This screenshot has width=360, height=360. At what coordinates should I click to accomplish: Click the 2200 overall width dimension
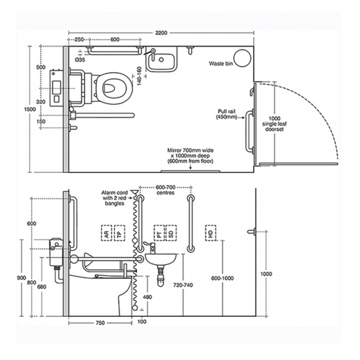click(x=161, y=33)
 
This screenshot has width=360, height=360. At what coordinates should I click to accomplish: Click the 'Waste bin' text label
click(x=220, y=64)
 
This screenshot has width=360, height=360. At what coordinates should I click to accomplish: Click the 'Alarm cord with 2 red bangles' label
click(x=115, y=198)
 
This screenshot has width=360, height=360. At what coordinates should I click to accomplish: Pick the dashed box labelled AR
click(x=105, y=234)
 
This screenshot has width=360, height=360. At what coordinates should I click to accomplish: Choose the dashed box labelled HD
click(x=210, y=234)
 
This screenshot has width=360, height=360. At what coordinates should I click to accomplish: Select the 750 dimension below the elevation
click(x=99, y=322)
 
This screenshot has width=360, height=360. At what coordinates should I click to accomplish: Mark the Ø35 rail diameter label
click(x=81, y=58)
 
